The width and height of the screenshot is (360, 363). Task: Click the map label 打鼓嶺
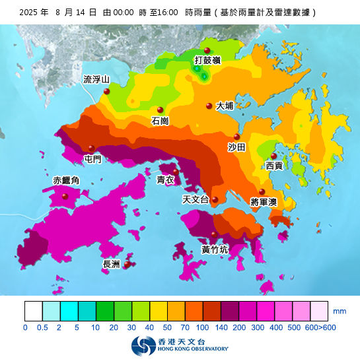pyautogui.click(x=207, y=61)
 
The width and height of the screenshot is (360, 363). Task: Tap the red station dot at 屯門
pyautogui.click(x=92, y=148)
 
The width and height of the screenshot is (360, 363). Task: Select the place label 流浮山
pyautogui.click(x=96, y=80)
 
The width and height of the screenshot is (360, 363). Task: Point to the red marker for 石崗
pyautogui.click(x=160, y=110)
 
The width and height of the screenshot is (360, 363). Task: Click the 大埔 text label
pyautogui.click(x=225, y=106)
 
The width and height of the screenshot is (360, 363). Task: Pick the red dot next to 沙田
pyautogui.click(x=236, y=137)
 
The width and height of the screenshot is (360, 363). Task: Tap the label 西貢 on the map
pyautogui.click(x=274, y=166)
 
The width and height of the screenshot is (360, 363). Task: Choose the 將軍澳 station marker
pyautogui.click(x=262, y=191)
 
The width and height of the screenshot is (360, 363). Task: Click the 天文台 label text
pyautogui.click(x=196, y=200)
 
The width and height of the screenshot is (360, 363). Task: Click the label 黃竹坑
pyautogui.click(x=215, y=249)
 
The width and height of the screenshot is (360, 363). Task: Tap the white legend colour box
pyautogui.click(x=33, y=311)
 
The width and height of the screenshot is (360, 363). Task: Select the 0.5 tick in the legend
pyautogui.click(x=43, y=327)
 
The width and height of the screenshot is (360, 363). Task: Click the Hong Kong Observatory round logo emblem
pyautogui.click(x=140, y=345)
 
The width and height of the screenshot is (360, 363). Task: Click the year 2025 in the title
pyautogui.click(x=30, y=13)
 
